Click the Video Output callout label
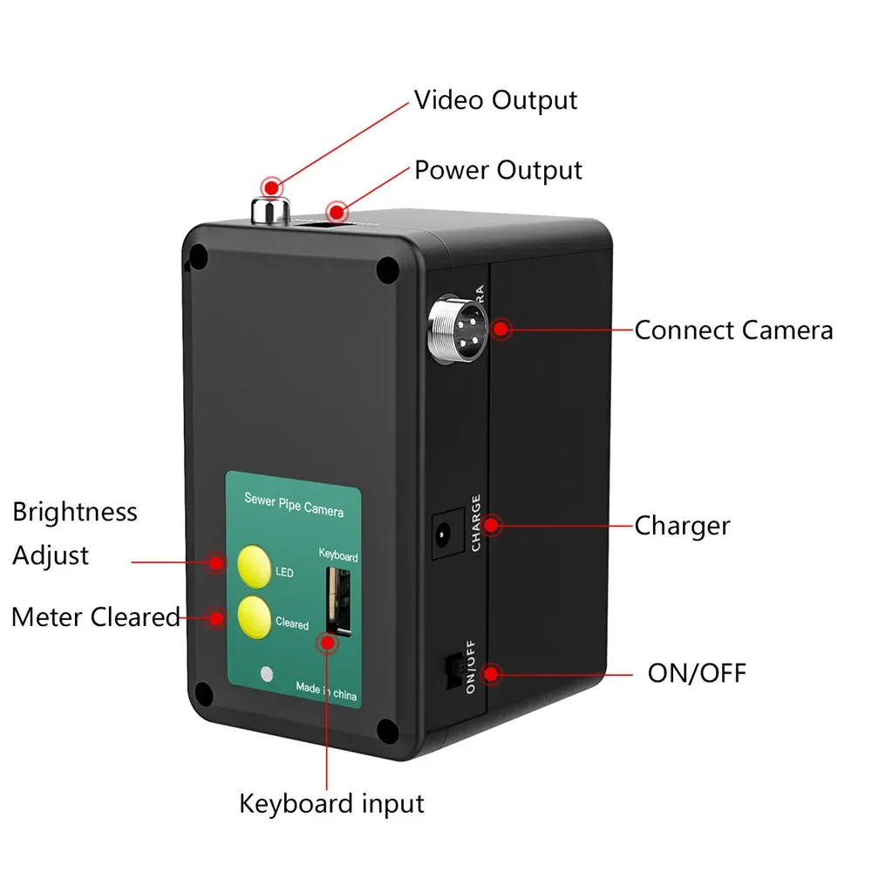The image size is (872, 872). (495, 100)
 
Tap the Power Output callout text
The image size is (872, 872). (498, 170)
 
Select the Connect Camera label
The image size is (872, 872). (733, 330)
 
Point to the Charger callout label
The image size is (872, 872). (682, 526)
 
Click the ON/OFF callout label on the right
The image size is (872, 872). (697, 674)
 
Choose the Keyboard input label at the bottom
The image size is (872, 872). (332, 803)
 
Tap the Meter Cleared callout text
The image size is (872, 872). (96, 617)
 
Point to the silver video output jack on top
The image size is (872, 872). (270, 209)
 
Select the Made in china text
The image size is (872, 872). (326, 690)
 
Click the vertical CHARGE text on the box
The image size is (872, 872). (476, 522)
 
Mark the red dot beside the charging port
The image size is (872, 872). (493, 526)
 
